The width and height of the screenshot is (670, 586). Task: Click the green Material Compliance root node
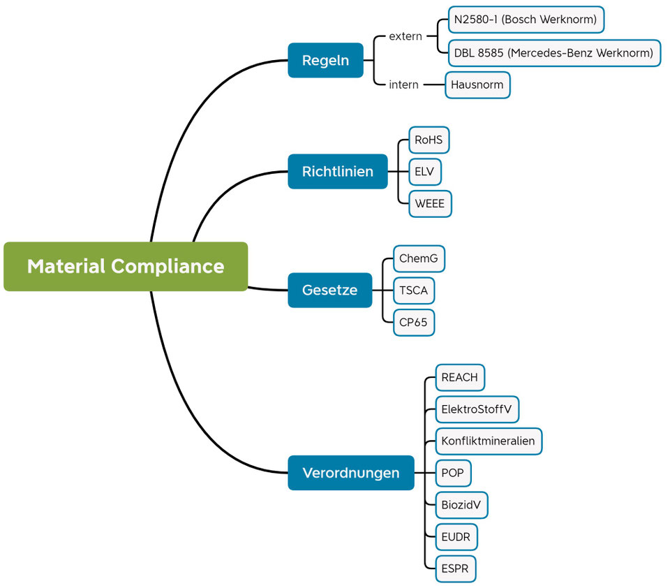pyautogui.click(x=126, y=266)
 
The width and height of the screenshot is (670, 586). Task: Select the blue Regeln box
pyautogui.click(x=325, y=60)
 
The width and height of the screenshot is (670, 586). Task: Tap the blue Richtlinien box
pyautogui.click(x=337, y=171)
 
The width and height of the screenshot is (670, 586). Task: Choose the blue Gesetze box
pyautogui.click(x=329, y=290)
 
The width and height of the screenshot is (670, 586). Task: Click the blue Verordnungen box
pyautogui.click(x=350, y=473)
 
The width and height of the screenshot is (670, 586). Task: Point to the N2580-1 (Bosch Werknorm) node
pyautogui.click(x=525, y=20)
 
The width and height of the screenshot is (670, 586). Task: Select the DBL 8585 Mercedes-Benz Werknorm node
pyautogui.click(x=553, y=52)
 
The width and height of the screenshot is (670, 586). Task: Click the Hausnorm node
pyautogui.click(x=477, y=85)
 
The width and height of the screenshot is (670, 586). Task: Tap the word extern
pyautogui.click(x=405, y=36)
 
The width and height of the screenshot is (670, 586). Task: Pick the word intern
pyautogui.click(x=403, y=85)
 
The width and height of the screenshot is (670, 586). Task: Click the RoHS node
pyautogui.click(x=429, y=140)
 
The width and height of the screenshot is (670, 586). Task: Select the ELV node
pyautogui.click(x=424, y=172)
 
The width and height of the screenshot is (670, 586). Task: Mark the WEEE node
pyautogui.click(x=430, y=204)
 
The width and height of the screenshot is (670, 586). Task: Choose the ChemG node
pyautogui.click(x=419, y=258)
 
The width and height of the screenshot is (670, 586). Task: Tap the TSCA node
pyautogui.click(x=414, y=291)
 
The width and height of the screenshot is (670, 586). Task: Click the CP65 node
pyautogui.click(x=413, y=323)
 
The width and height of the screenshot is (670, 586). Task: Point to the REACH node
pyautogui.click(x=459, y=377)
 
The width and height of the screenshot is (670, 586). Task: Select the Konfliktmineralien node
pyautogui.click(x=488, y=441)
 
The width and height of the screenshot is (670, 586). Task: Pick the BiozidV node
pyautogui.click(x=461, y=505)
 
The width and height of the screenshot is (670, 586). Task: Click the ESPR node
pyautogui.click(x=456, y=569)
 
